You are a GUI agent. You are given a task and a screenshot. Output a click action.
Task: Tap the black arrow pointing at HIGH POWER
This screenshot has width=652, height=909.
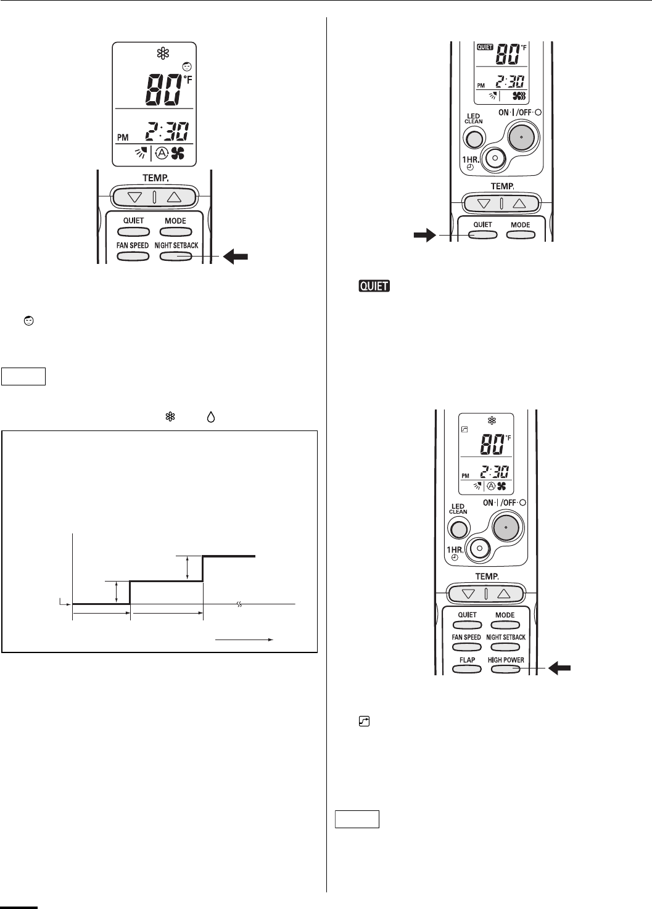pos(561,667)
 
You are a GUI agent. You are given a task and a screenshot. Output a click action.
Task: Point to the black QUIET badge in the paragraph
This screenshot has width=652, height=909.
pos(374,286)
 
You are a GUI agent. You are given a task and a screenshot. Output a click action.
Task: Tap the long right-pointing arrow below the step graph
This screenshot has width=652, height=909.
pos(244,640)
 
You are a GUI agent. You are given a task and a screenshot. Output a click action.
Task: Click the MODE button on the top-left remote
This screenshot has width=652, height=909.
pos(175,232)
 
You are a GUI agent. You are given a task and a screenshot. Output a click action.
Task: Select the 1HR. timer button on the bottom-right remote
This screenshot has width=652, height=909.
pos(479,548)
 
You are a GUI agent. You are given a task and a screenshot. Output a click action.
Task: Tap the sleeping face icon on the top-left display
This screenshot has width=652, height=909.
pos(186,66)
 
